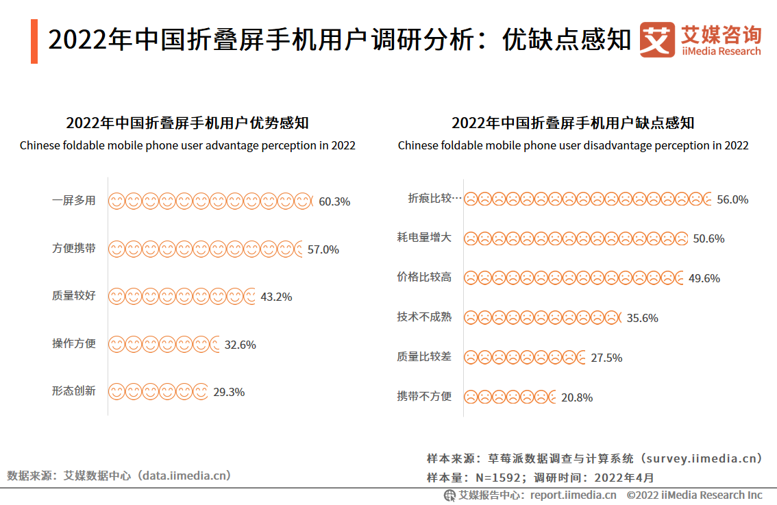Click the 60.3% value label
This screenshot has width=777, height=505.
pyautogui.click(x=334, y=201)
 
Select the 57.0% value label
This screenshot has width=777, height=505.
pyautogui.click(x=323, y=249)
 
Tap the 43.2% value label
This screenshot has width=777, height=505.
pyautogui.click(x=276, y=297)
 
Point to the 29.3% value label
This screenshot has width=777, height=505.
pyautogui.click(x=229, y=392)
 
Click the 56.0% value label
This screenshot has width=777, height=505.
pyautogui.click(x=732, y=199)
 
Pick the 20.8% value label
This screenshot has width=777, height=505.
pyautogui.click(x=577, y=397)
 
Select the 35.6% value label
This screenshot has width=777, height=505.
pyautogui.click(x=642, y=318)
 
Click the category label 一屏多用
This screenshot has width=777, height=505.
pyautogui.click(x=74, y=201)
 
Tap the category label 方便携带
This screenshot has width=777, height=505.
pyautogui.click(x=74, y=249)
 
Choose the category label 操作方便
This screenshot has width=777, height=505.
pyautogui.click(x=74, y=344)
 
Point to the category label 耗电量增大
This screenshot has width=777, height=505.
pyautogui.click(x=424, y=238)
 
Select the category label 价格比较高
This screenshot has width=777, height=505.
pyautogui.click(x=424, y=278)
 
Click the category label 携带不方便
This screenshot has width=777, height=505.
pyautogui.click(x=424, y=396)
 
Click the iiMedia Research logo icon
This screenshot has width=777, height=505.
pyautogui.click(x=657, y=40)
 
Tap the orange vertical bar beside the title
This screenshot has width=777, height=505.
pyautogui.click(x=34, y=42)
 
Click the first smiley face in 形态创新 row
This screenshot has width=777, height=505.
pyautogui.click(x=117, y=392)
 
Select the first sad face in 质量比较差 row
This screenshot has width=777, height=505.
pyautogui.click(x=471, y=357)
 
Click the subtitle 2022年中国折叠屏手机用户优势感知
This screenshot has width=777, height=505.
pyautogui.click(x=187, y=123)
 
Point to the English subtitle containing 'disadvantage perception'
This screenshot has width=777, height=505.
pyautogui.click(x=573, y=145)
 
